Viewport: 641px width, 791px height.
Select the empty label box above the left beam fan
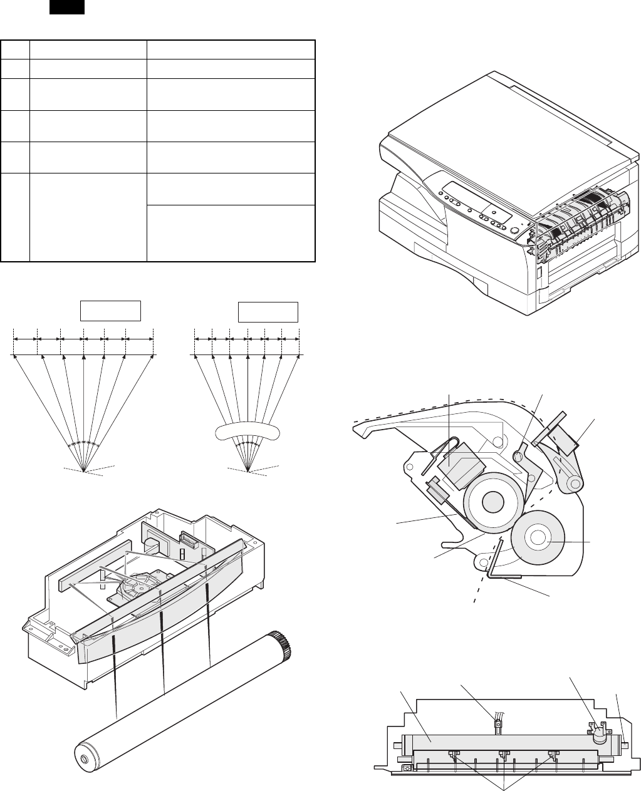[110, 311]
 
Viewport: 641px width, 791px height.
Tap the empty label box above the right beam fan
[268, 312]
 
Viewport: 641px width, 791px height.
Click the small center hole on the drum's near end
[85, 759]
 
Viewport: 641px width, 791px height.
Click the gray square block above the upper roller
[459, 467]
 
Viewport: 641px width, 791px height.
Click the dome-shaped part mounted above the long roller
[600, 733]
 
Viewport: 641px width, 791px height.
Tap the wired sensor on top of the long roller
[498, 726]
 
